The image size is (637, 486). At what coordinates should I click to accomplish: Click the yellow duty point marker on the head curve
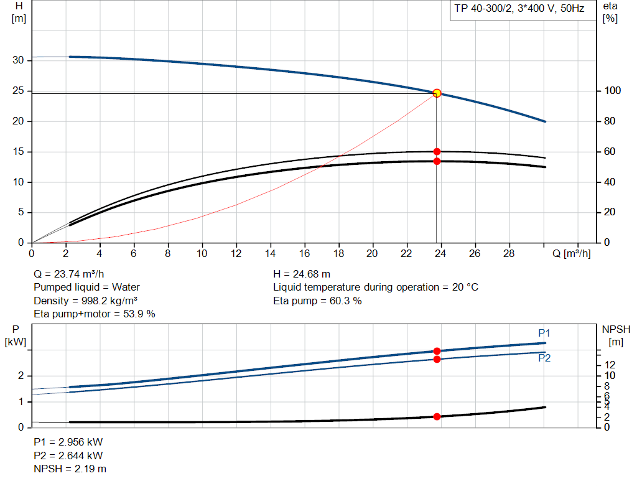pos(437,93)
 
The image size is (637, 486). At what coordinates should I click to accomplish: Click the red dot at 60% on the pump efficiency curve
pos(437,151)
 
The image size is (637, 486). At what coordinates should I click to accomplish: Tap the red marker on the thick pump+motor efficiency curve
pos(437,161)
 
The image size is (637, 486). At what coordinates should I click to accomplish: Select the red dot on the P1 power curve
pos(437,351)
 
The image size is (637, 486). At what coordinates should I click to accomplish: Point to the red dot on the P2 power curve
pos(437,359)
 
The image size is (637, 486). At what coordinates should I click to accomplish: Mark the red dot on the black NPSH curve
pos(437,416)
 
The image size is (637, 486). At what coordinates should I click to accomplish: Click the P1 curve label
pos(544,333)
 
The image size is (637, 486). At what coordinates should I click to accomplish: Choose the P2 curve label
pos(544,358)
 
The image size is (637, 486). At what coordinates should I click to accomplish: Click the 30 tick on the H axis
pos(19,60)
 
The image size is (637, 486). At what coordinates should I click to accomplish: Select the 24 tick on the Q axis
pos(441,253)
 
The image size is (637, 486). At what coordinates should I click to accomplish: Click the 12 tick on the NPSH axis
pos(610,364)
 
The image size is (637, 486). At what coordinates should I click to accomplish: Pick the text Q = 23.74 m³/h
pos(69,274)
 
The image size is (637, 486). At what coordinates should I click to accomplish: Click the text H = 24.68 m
pos(302,274)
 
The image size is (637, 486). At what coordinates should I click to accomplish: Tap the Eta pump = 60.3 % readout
pos(317,301)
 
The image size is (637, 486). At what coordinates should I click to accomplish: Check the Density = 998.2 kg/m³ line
pos(86,301)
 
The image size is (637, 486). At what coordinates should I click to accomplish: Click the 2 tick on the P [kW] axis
pos(21,376)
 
